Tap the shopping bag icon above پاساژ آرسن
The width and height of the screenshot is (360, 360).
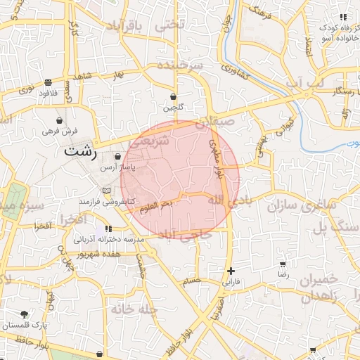pos(117,157)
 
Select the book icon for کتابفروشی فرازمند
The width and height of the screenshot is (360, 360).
pos(106,191)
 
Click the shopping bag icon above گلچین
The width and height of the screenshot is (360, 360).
pos(174,96)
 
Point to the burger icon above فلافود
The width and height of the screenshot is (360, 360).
pos(47,82)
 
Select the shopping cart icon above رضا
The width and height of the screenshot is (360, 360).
pos(283,265)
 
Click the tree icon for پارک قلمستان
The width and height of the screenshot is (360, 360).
pos(25,314)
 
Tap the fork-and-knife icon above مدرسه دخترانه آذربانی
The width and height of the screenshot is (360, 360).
pos(108,229)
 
